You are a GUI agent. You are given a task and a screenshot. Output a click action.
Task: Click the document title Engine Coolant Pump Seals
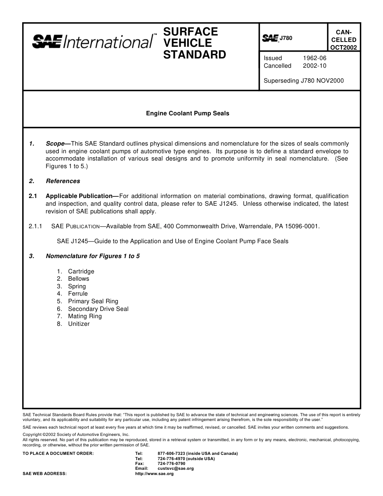(x=187, y=113)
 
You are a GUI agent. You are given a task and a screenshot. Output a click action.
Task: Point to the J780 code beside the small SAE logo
(x=286, y=38)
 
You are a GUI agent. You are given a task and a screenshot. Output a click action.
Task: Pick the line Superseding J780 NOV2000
(x=304, y=81)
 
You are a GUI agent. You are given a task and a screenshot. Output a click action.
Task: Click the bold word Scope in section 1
(x=56, y=144)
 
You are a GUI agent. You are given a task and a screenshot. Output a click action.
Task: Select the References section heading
(x=63, y=181)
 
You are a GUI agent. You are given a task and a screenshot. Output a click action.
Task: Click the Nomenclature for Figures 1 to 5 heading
(x=93, y=256)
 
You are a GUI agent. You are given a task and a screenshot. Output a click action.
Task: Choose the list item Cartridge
(x=81, y=271)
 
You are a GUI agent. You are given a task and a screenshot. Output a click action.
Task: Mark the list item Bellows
(x=79, y=279)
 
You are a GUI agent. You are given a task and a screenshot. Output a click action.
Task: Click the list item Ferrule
(x=78, y=294)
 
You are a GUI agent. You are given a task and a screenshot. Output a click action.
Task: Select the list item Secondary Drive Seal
(x=98, y=309)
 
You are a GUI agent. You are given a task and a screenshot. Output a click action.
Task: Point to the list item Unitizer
(x=79, y=324)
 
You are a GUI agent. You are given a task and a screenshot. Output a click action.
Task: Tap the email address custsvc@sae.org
(x=176, y=469)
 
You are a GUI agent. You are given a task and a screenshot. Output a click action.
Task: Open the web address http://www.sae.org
(x=154, y=474)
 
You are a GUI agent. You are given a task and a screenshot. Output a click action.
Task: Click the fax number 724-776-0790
(x=171, y=464)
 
